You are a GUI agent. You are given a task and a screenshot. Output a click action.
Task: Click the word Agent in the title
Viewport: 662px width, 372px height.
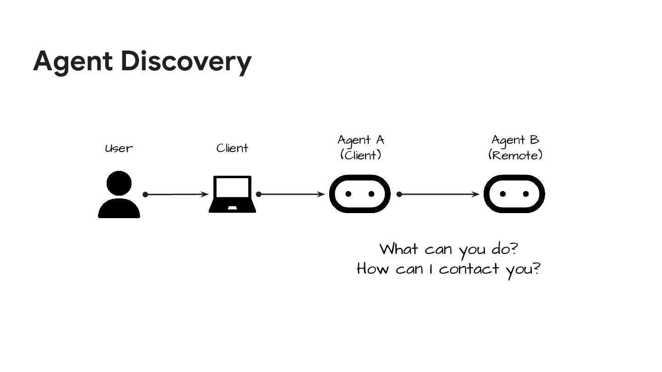(73, 62)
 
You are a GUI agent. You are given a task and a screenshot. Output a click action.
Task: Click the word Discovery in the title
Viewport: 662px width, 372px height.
(186, 62)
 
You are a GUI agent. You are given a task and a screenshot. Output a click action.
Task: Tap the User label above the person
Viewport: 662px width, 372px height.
(119, 148)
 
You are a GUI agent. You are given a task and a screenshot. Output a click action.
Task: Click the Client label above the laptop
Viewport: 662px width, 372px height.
(232, 148)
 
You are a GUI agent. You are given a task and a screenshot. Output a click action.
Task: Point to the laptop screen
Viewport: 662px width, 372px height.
(232, 188)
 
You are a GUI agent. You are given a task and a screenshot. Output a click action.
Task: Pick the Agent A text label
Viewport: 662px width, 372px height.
(361, 140)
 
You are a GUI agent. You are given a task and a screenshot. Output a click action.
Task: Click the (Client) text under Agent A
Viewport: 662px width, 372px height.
(361, 155)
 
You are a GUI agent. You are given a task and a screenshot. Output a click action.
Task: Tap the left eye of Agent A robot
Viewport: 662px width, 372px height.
(348, 194)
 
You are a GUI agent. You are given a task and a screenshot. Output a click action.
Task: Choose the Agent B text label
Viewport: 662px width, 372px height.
(515, 140)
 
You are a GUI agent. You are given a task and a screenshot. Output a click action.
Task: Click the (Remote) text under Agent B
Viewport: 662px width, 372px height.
(515, 155)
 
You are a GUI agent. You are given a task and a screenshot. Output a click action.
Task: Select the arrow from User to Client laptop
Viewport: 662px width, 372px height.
(177, 194)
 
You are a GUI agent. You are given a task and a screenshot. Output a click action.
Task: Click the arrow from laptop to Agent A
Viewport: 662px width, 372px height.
(291, 194)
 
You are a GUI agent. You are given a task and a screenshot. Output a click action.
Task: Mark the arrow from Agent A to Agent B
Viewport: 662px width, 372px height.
(439, 194)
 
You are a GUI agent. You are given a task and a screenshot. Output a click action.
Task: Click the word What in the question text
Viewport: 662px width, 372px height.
(399, 249)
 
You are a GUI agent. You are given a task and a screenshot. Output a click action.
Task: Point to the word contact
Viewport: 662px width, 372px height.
(469, 269)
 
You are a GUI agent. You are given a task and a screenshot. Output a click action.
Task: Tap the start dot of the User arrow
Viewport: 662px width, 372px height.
(145, 194)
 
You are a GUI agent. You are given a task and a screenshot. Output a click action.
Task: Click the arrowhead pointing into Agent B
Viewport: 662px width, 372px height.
(476, 194)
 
